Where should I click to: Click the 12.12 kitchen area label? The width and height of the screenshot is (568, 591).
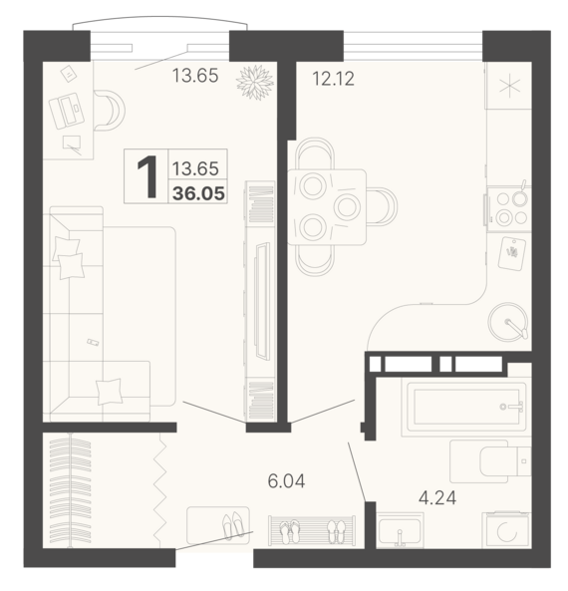point(334,79)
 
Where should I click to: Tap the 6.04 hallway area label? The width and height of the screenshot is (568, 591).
point(286,481)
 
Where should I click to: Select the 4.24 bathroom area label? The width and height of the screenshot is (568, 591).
point(437,498)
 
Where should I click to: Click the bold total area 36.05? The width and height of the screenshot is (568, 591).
point(198,193)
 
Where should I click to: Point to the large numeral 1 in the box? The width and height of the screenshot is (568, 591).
point(147,176)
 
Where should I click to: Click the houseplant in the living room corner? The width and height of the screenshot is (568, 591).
point(255,83)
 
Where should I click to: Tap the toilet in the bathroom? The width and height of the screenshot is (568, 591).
point(490,461)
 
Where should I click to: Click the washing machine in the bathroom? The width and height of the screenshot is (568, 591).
point(507,529)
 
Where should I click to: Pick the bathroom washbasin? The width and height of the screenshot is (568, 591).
point(400,530)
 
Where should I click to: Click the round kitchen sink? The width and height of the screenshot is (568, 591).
point(507,322)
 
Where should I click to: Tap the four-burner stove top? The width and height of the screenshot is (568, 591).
point(509,209)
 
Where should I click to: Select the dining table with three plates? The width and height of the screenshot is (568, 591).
point(327,207)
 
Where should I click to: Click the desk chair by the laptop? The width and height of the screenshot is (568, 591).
point(110,110)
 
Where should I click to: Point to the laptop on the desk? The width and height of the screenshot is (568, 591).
point(67,111)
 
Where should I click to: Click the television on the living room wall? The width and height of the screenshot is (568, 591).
point(263,300)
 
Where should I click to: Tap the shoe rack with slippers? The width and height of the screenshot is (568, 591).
point(312,530)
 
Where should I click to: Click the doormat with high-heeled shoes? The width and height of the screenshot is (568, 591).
point(218,525)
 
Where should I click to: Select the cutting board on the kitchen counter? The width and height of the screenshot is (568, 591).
point(512,254)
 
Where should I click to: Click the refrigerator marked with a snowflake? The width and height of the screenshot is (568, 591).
point(509,86)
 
